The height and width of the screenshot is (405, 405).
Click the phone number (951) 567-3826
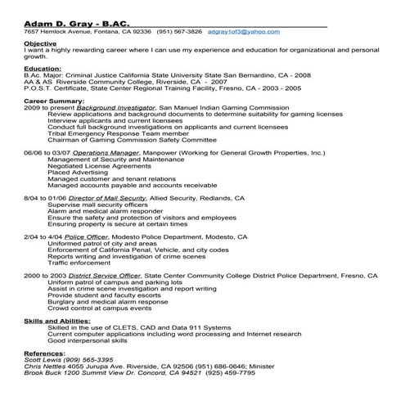click(180, 31)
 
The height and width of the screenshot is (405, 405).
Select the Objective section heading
click(40, 43)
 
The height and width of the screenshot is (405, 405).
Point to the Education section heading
click(42, 70)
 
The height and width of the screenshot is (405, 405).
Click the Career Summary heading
click(53, 101)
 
